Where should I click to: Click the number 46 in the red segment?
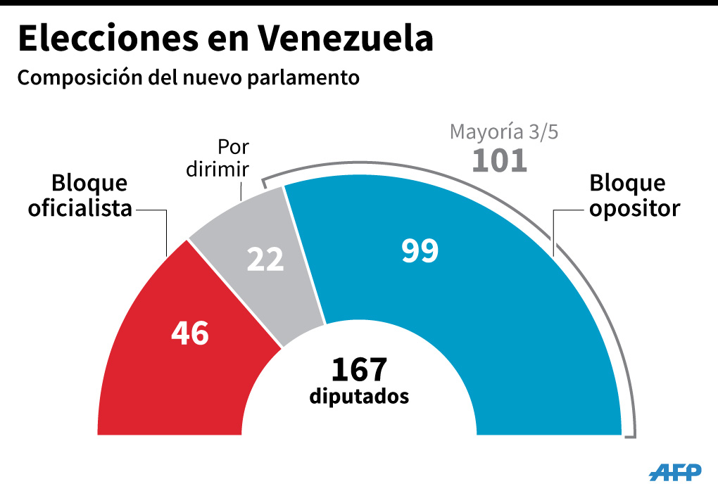tap(190, 333)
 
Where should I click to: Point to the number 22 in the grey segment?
tap(265, 260)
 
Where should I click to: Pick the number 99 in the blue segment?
tap(420, 251)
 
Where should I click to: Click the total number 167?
tap(359, 369)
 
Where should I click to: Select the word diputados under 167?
tap(359, 396)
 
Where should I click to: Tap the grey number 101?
tap(499, 160)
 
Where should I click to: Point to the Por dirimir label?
tap(233, 158)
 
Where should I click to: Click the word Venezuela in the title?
tap(345, 39)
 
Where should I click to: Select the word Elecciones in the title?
tap(113, 39)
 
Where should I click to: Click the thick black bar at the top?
tap(359, 3)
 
